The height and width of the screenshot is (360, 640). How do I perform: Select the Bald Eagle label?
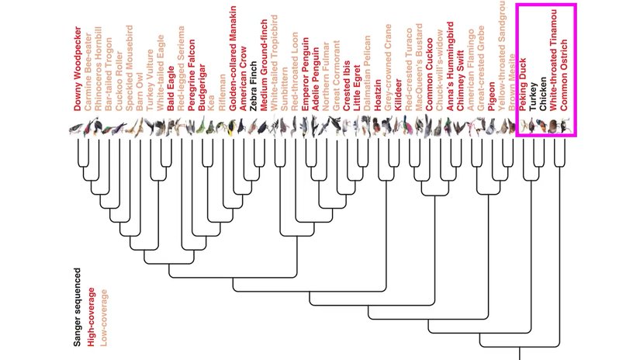[171, 93]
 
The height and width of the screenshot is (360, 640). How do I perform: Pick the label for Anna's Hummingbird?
[451, 78]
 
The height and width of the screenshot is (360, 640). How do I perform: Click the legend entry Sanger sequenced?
[78, 305]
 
